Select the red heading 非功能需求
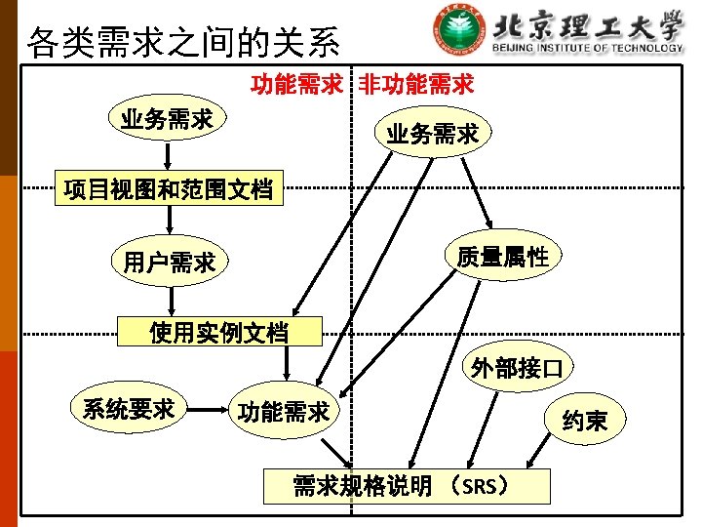tap(416, 85)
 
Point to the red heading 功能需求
tap(295, 85)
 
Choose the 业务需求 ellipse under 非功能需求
tap(433, 134)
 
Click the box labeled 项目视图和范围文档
tap(167, 188)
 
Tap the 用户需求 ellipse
tap(169, 262)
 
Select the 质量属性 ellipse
tap(502, 257)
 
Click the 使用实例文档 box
tap(218, 332)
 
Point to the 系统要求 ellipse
tap(129, 408)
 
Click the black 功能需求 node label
tap(284, 412)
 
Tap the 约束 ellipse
tap(584, 421)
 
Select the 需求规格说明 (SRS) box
tap(407, 485)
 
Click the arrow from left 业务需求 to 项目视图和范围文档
tap(168, 154)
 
